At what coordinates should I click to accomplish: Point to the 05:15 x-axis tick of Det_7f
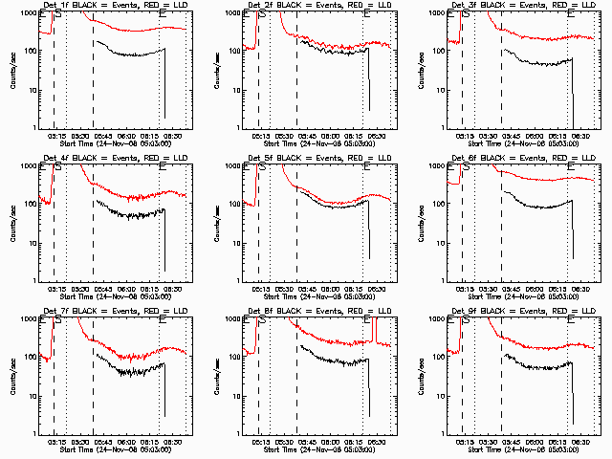click(x=55, y=442)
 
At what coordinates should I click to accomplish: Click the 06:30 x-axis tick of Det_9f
click(x=580, y=442)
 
